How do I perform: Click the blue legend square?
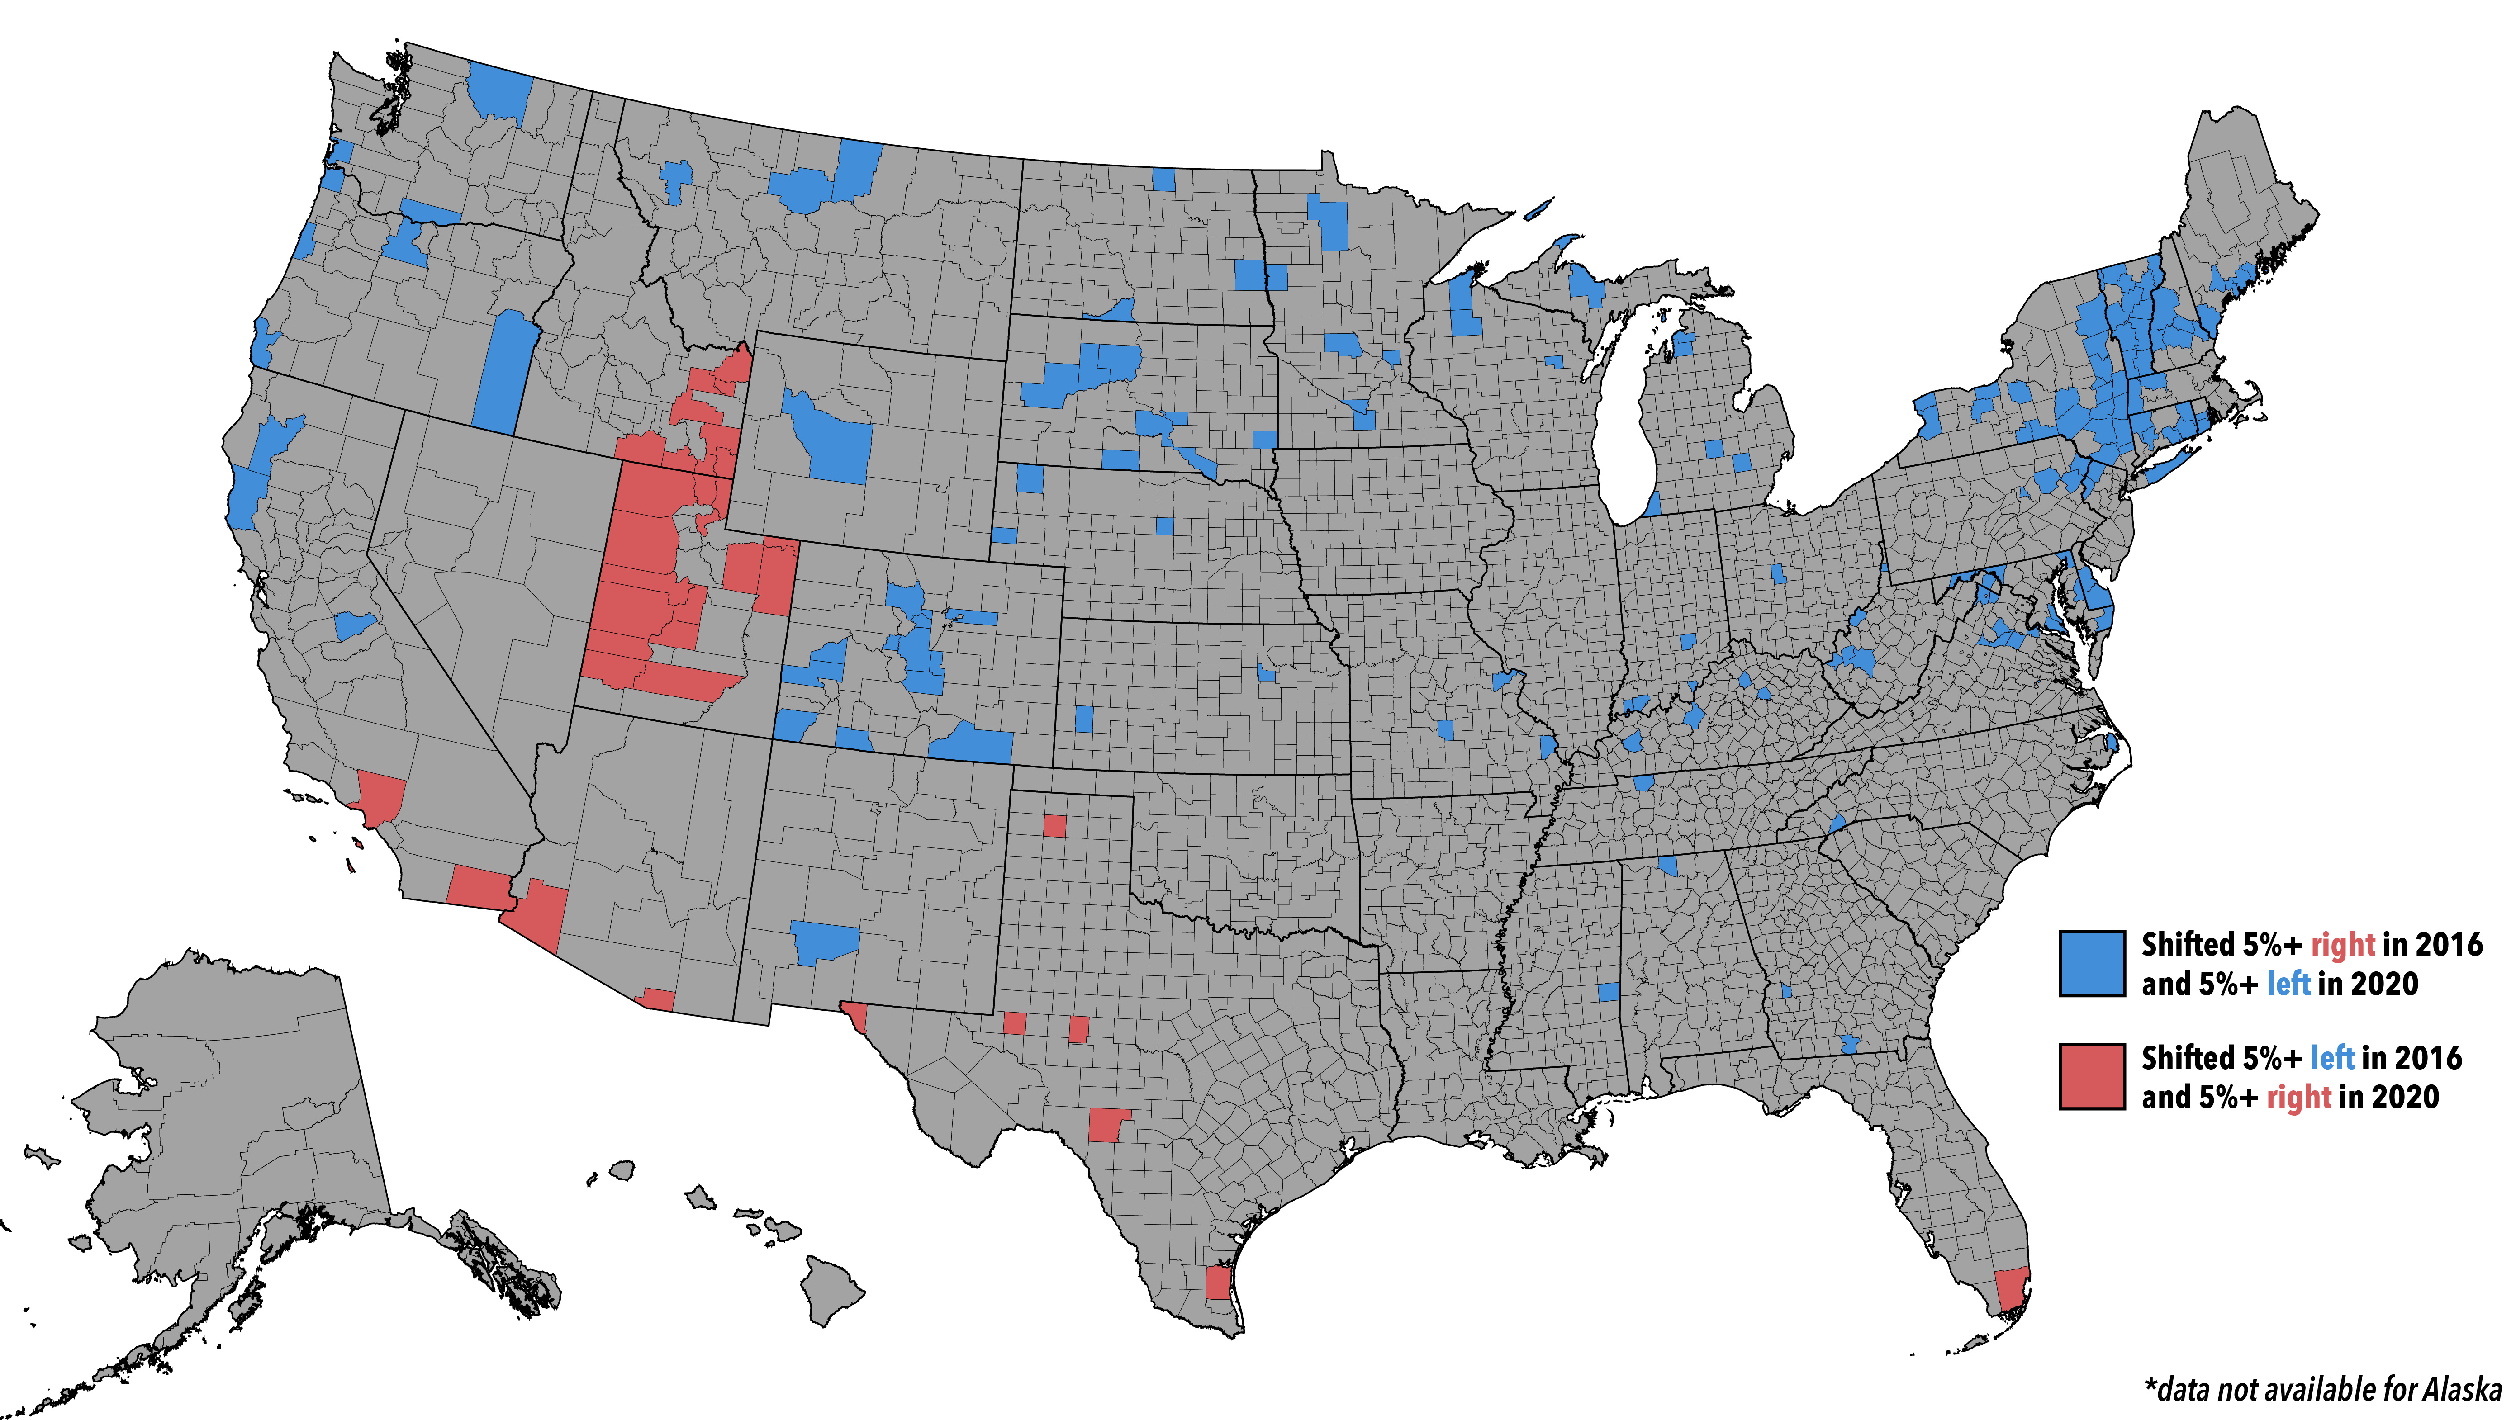point(2091,963)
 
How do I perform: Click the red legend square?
point(2091,1076)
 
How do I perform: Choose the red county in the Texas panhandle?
point(1054,825)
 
